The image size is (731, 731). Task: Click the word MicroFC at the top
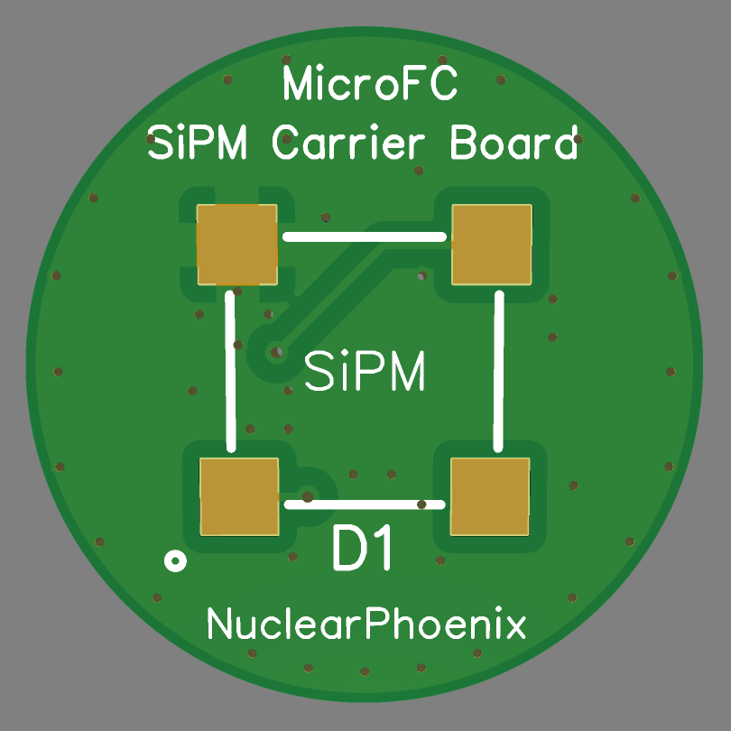point(370,86)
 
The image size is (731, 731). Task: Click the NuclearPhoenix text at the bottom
point(366,624)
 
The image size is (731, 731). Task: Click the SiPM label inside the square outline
point(365,371)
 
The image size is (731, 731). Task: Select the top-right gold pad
point(491,244)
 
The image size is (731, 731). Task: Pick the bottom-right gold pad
point(488,495)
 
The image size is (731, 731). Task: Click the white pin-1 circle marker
point(175,561)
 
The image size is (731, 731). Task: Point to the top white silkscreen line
point(365,236)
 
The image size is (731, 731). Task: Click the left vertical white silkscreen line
point(231,370)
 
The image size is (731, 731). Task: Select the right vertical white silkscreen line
point(498,370)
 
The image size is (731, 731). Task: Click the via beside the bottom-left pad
point(308,495)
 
